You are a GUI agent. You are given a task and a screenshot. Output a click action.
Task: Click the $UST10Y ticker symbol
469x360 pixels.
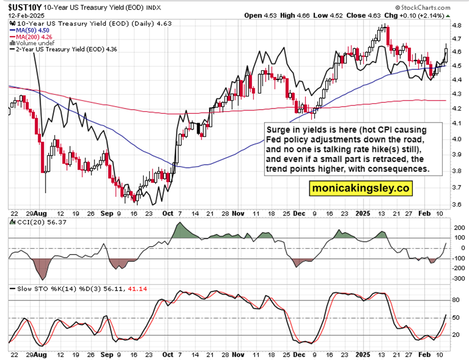(24, 7)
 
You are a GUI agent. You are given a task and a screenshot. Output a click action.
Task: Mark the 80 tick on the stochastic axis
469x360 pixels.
(455, 300)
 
